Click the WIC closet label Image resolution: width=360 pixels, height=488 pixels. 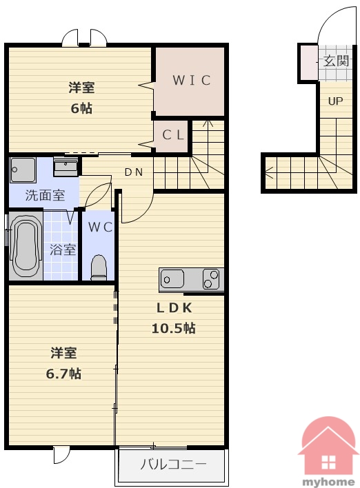click(192, 80)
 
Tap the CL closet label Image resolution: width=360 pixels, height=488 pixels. click(173, 135)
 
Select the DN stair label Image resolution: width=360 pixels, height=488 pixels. click(134, 172)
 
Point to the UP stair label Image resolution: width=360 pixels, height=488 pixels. click(335, 101)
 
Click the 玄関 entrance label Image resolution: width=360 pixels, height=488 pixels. click(336, 61)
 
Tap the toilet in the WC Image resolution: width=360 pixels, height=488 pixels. click(99, 267)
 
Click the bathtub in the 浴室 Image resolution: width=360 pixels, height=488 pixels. click(26, 246)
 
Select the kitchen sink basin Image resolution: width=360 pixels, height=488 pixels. click(172, 279)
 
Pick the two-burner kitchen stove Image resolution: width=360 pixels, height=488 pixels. click(211, 279)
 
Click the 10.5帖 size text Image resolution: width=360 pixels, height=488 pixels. click(174, 328)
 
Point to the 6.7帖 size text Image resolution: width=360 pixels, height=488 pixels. click(63, 374)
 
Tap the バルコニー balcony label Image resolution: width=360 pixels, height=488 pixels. click(173, 465)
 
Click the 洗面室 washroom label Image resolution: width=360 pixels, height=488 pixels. click(45, 195)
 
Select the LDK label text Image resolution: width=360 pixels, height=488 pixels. click(174, 308)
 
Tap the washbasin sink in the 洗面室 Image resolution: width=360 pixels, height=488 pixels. click(66, 167)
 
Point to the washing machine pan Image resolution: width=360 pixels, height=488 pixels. click(23, 170)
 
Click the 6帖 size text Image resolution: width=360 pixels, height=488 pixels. click(81, 108)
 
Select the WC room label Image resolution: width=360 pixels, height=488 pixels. click(100, 227)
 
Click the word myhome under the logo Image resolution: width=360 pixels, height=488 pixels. click(329, 482)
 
